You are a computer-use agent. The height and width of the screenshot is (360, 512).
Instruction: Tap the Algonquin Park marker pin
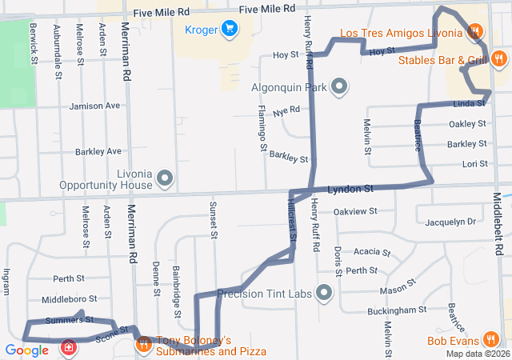(339, 86)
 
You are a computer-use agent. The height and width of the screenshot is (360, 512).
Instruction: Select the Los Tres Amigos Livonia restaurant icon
(474, 33)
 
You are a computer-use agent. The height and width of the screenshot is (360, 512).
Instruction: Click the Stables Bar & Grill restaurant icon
(498, 58)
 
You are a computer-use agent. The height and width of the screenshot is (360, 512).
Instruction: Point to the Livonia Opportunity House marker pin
(166, 178)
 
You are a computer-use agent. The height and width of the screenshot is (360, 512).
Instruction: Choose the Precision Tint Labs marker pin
(324, 294)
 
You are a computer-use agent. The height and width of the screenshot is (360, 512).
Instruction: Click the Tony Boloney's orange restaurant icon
(144, 345)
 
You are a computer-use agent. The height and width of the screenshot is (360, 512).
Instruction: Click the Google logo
(26, 350)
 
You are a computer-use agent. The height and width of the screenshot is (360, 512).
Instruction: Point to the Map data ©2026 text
(477, 354)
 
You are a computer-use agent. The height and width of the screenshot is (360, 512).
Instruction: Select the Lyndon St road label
(350, 189)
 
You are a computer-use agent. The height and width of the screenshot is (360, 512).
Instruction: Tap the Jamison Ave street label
(95, 106)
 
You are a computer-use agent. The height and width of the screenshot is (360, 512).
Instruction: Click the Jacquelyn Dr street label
(451, 222)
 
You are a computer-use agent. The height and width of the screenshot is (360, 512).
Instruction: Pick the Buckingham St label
(397, 310)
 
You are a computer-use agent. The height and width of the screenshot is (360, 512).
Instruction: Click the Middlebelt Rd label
(497, 223)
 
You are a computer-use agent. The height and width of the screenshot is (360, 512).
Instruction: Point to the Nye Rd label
(286, 111)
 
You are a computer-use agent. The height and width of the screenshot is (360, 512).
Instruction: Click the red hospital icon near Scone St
(70, 348)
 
